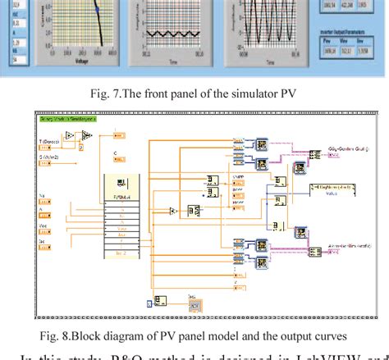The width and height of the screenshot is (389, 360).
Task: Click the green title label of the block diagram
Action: tap(67, 119)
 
